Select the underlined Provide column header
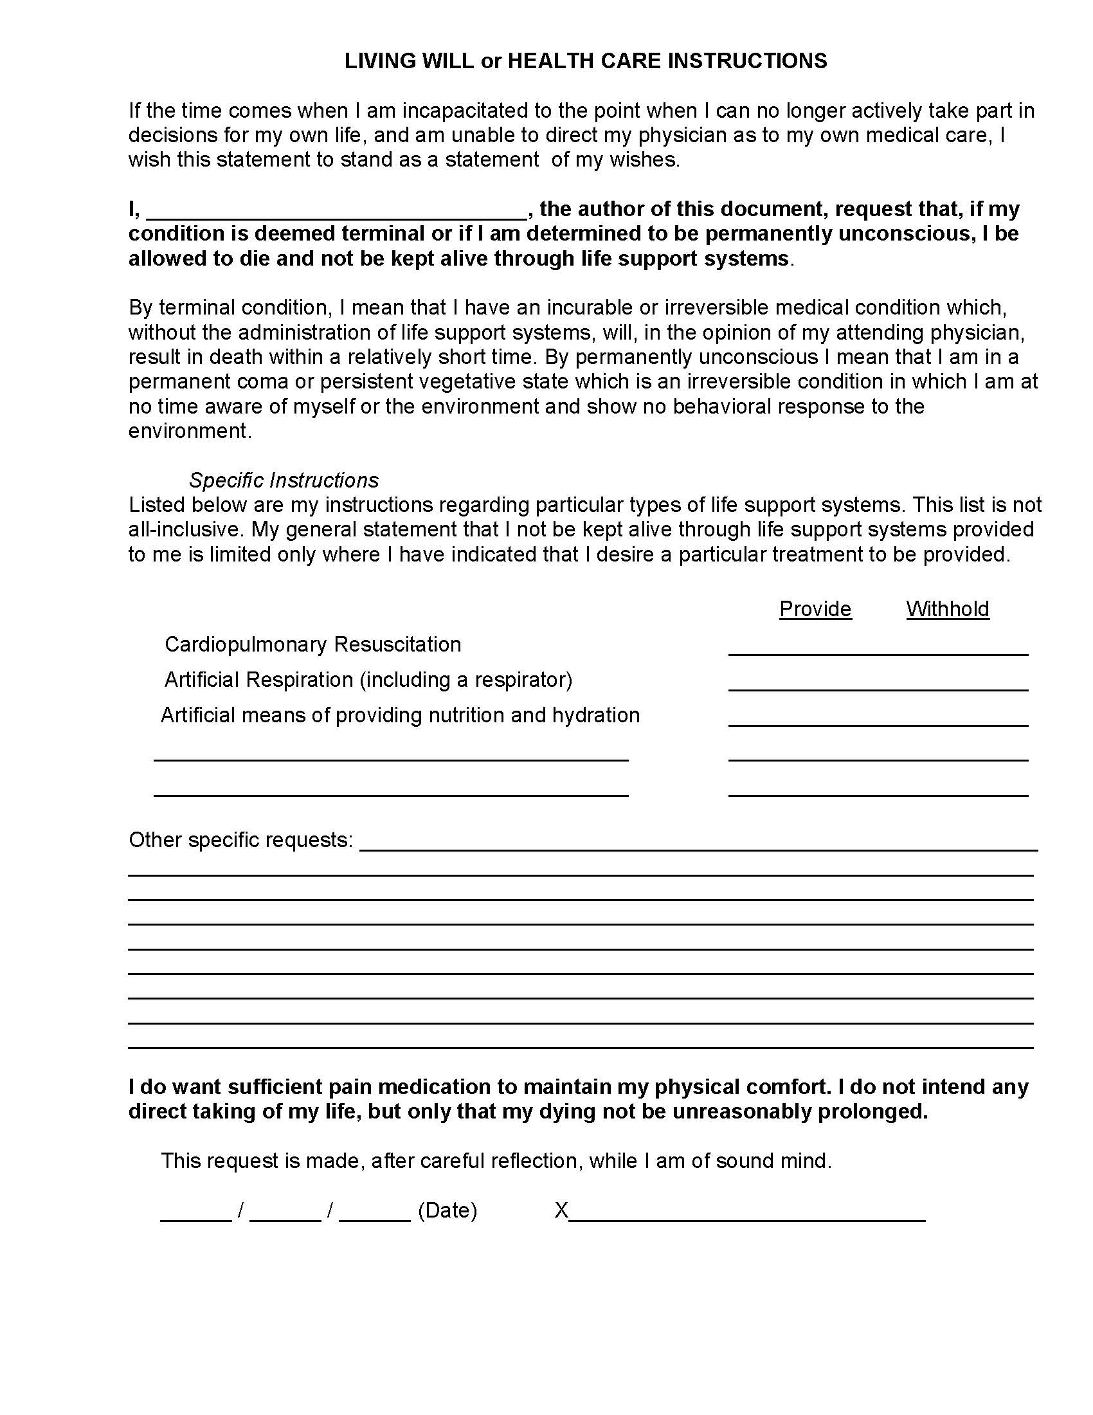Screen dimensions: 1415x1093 [815, 609]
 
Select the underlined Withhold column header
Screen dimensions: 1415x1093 [947, 609]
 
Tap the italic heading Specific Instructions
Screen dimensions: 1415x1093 [284, 480]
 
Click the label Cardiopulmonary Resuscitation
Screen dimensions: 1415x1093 [312, 644]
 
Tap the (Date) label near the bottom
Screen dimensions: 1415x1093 [447, 1210]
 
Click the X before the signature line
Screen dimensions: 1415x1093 [561, 1210]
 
